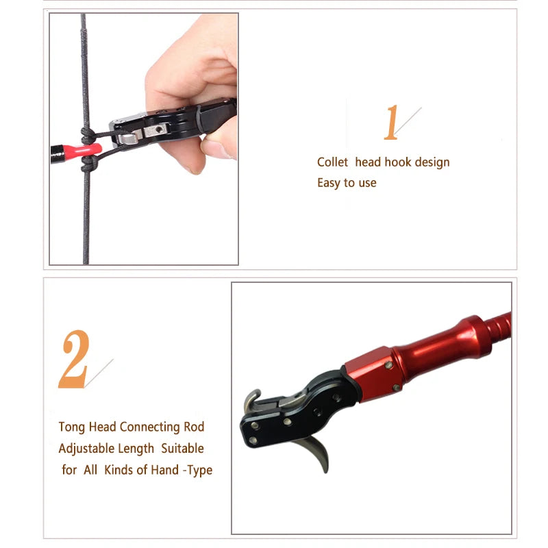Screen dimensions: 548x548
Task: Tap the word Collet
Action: [332, 162]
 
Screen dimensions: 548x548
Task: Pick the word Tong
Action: [73, 427]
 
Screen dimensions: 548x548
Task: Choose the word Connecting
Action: [149, 427]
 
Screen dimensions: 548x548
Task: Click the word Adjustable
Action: [86, 449]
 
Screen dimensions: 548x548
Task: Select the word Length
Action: [138, 449]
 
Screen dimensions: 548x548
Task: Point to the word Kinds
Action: [119, 470]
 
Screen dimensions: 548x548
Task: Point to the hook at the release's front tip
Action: [251, 401]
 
